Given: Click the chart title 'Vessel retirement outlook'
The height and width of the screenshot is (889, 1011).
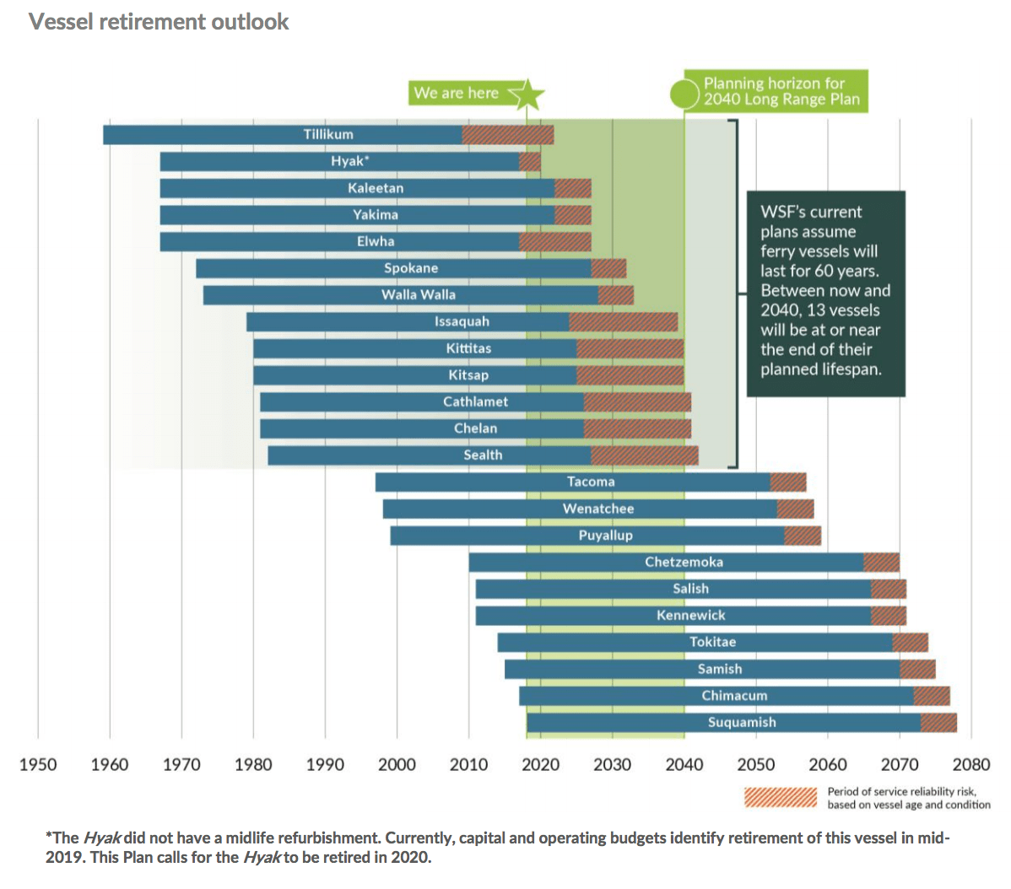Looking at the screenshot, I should coord(159,22).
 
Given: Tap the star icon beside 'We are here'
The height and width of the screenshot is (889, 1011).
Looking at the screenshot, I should coord(527,94).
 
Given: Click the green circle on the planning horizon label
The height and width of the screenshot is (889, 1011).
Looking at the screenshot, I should coord(684,93).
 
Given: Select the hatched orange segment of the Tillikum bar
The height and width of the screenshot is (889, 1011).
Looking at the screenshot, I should coord(508,135).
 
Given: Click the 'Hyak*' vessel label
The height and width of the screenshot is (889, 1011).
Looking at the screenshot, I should coord(350,161).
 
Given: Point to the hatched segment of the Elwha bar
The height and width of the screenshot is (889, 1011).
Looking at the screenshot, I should coord(555,242).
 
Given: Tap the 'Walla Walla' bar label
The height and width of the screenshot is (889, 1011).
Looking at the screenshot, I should coord(419,295).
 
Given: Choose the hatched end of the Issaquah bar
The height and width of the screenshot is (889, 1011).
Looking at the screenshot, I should coord(624,322).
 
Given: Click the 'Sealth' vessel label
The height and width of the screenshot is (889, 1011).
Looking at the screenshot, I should coord(483,455).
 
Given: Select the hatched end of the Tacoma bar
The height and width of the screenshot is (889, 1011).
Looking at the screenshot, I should coord(788,482).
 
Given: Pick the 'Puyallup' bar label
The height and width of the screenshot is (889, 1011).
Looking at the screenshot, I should coord(605,536).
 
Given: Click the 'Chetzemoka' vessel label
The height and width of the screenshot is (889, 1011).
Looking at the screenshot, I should coord(684,563).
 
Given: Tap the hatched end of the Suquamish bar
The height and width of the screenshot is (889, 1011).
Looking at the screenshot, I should coord(938,723).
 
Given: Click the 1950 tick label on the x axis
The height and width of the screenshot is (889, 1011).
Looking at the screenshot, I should coord(38,765).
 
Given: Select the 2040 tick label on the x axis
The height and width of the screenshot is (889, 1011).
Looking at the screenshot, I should coord(684,765).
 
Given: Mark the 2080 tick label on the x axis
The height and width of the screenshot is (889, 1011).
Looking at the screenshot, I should coord(971,765).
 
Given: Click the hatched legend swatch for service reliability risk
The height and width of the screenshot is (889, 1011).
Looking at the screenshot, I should coord(780,797).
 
